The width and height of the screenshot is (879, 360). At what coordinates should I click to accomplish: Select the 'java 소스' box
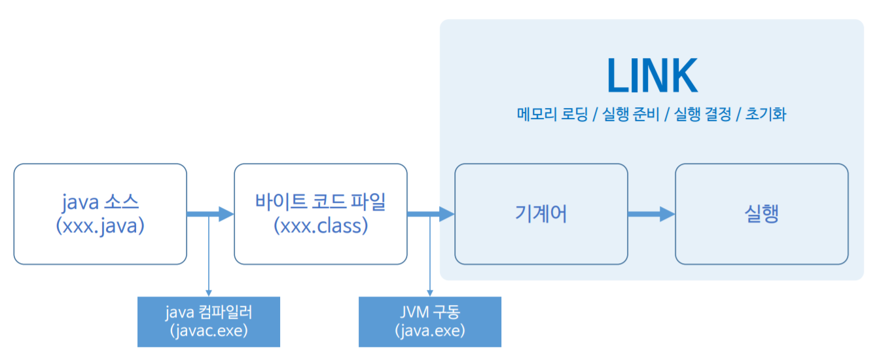[x=100, y=214]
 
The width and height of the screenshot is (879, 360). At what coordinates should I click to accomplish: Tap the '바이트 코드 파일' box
[x=321, y=214]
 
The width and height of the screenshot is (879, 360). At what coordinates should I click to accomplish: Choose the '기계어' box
[x=541, y=214]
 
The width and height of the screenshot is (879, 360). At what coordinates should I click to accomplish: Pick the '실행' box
[x=762, y=214]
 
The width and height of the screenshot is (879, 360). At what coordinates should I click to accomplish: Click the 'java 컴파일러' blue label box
[x=208, y=321]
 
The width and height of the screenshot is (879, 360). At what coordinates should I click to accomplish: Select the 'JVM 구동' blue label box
[x=430, y=321]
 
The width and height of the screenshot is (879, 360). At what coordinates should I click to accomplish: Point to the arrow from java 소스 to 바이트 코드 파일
[x=210, y=213]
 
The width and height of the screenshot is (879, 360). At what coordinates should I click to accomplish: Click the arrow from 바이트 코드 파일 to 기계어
[x=431, y=213]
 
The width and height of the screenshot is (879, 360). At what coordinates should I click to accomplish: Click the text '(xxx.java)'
[x=100, y=226]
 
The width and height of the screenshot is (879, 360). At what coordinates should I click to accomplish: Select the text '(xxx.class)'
[x=321, y=226]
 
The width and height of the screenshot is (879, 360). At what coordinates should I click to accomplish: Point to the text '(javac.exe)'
[x=208, y=331]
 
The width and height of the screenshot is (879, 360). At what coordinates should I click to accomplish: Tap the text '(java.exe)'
[x=430, y=331]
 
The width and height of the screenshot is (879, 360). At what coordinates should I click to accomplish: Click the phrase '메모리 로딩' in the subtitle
[x=552, y=115]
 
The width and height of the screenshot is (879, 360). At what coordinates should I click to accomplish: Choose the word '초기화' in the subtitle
[x=766, y=115]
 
